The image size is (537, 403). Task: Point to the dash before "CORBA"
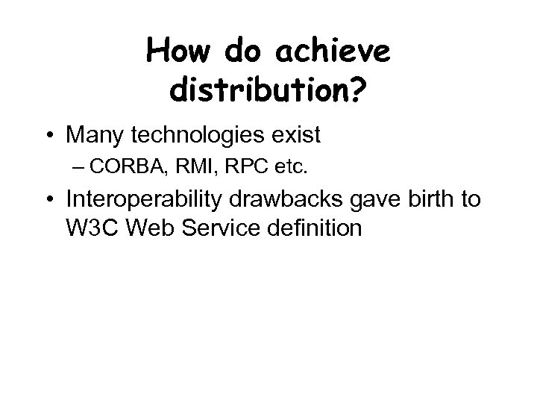(x=103, y=168)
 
